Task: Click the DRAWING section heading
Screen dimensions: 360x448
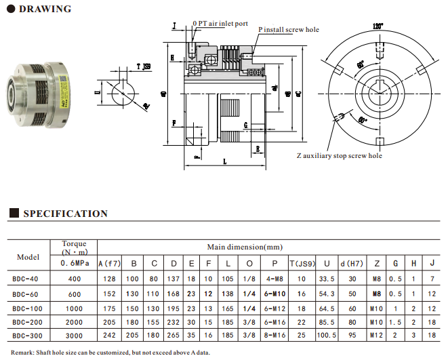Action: [45, 9]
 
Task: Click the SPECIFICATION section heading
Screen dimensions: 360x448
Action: [65, 214]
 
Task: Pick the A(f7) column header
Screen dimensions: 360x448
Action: [110, 263]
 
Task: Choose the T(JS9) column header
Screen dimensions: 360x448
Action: [302, 263]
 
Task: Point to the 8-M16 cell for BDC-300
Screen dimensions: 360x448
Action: [274, 335]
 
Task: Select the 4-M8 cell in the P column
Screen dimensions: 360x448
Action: [274, 278]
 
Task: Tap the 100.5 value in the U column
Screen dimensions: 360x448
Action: [327, 335]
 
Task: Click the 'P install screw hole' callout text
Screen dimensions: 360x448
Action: [288, 30]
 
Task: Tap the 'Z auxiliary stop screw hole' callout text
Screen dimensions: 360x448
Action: [339, 156]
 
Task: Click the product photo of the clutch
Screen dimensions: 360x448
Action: [41, 87]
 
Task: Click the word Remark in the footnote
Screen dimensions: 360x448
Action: [20, 352]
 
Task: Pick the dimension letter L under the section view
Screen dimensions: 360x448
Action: [224, 162]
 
